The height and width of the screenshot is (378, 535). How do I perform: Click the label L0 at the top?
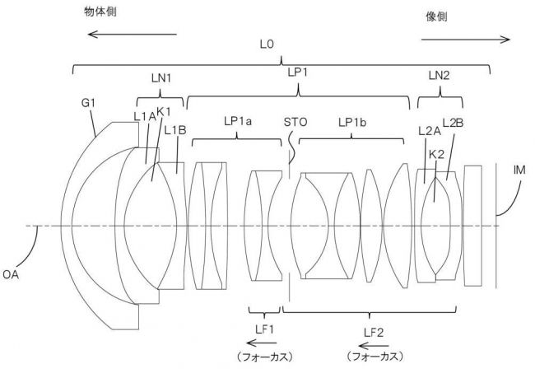pos(267,44)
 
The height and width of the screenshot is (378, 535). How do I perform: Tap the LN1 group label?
pos(161,78)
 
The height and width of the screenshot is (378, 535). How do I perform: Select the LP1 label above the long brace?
pos(298,72)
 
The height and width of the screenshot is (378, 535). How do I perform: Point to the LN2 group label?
pos(440,76)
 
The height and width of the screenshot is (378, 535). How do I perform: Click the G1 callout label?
pos(88,103)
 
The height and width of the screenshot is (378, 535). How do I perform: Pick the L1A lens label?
pos(144,117)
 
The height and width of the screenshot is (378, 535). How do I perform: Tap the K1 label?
pos(163,112)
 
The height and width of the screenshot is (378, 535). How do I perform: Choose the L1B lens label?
pos(175,130)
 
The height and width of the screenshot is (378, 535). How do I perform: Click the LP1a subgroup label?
pos(238,122)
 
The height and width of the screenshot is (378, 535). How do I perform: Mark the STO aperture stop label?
pos(295,122)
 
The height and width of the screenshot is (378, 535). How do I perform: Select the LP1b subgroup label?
pos(352,122)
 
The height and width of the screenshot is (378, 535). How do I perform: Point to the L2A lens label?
pos(430,131)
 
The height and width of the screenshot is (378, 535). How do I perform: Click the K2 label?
pos(436,155)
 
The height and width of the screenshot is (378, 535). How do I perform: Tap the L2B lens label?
pos(453,123)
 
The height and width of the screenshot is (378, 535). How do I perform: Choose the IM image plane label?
pos(519,170)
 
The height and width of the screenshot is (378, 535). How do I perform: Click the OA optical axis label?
pos(11,274)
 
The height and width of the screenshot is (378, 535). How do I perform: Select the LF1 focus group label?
pos(264,329)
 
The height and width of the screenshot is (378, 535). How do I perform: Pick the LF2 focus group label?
pos(374,332)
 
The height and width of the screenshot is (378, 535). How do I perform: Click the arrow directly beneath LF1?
pos(262,343)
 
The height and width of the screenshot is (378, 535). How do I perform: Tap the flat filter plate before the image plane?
pos(473,226)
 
